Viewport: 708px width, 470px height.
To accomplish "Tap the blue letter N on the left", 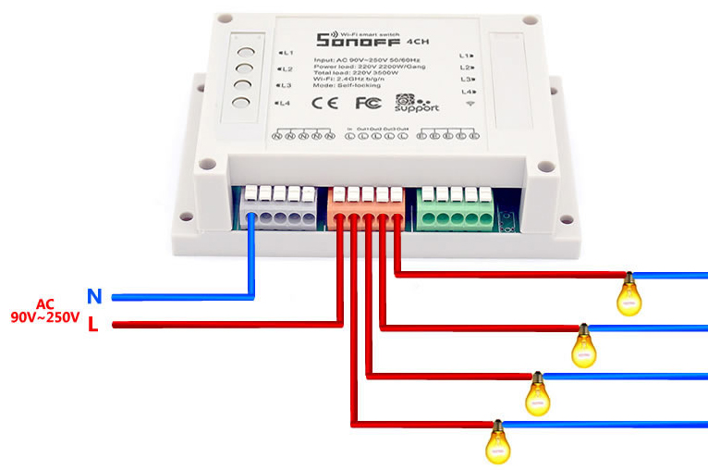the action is [94, 296].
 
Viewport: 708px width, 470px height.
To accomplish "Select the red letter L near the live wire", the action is [93, 324].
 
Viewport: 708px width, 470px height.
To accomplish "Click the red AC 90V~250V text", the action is [43, 311].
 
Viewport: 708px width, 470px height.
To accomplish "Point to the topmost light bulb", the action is [629, 294].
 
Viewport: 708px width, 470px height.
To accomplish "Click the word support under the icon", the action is [418, 109].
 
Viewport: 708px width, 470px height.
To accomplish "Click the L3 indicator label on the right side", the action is [467, 80].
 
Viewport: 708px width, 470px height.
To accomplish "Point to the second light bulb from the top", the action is [583, 344].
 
